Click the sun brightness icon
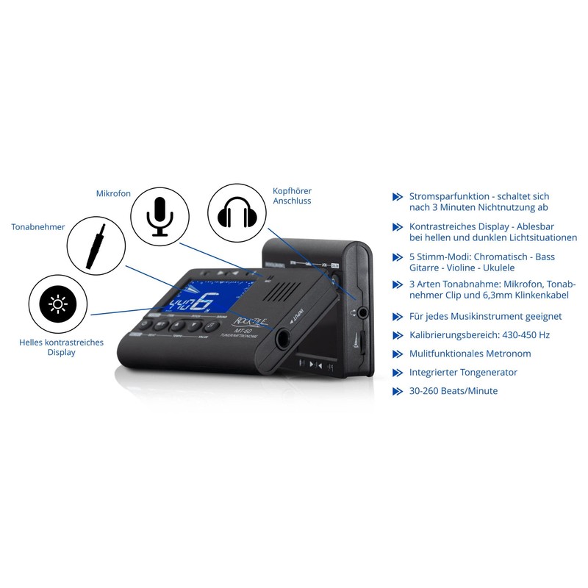[57, 303]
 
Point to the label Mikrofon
[113, 193]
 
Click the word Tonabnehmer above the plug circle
[38, 227]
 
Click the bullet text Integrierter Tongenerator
[463, 372]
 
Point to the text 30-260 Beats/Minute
[453, 391]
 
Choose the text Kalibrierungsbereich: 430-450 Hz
[479, 334]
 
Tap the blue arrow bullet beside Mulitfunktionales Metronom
[398, 354]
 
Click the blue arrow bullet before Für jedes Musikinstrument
[398, 316]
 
